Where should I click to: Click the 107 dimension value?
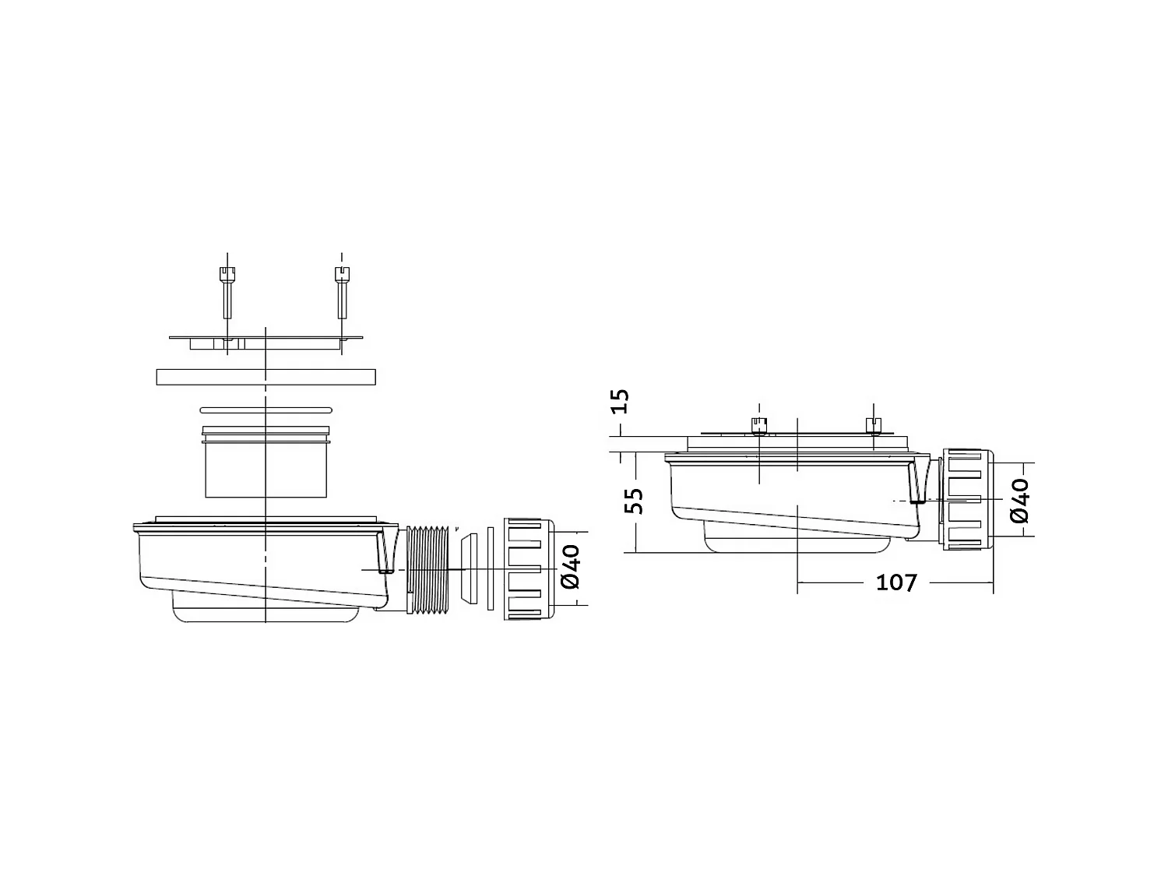tap(896, 582)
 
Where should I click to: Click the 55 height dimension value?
tap(635, 500)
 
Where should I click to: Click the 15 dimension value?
tap(621, 401)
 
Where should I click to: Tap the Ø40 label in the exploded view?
tap(571, 567)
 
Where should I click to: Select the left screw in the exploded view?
tap(226, 292)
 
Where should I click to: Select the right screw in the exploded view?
tap(341, 292)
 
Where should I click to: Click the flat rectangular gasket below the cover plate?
tap(266, 377)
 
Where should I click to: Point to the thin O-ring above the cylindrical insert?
tap(266, 410)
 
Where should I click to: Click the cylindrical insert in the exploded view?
tap(266, 467)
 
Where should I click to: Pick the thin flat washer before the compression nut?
tap(490, 569)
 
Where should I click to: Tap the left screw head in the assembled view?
tap(758, 424)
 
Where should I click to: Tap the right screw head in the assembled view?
tap(873, 424)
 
